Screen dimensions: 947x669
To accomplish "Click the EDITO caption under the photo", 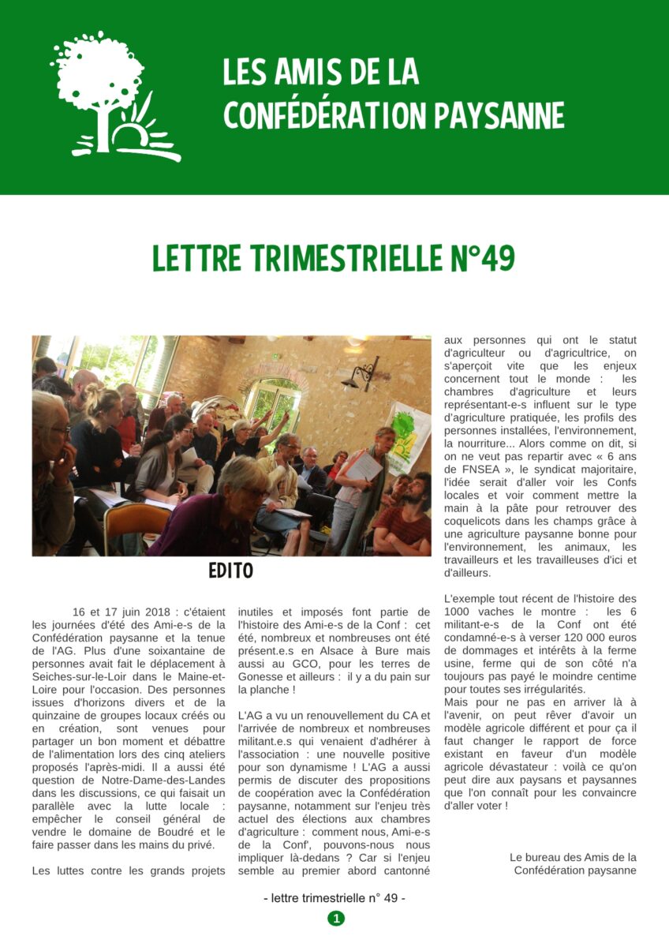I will [231, 571].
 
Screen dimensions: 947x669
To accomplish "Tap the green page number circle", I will [336, 918].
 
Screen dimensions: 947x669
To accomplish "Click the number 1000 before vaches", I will [458, 612].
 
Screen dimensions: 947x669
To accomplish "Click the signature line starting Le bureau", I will [573, 857].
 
